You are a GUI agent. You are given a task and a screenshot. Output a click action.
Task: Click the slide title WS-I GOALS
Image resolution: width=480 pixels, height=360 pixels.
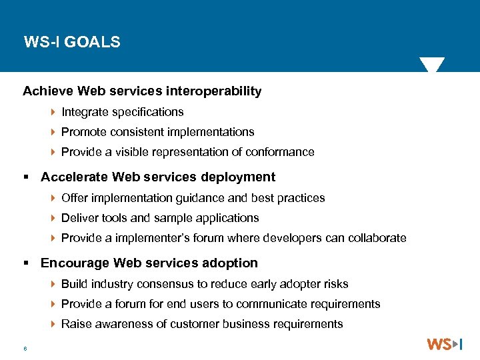point(72,43)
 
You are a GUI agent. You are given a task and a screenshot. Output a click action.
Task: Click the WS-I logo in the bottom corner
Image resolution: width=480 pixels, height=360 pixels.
point(445,344)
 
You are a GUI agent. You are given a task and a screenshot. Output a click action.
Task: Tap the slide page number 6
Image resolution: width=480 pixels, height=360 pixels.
point(25,348)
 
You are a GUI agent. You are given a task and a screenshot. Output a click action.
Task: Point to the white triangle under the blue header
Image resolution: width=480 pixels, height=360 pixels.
point(431,65)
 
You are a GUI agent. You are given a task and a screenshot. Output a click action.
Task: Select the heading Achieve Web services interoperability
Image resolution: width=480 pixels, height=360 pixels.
point(142,91)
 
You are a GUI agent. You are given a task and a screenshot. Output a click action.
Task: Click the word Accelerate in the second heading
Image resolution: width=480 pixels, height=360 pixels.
point(75,177)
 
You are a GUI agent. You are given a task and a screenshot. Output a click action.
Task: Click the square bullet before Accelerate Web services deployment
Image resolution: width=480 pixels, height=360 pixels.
point(27,177)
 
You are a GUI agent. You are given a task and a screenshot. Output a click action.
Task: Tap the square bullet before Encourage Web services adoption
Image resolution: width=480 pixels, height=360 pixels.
point(27,263)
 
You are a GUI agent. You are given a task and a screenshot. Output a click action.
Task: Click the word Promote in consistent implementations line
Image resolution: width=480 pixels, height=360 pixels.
point(83,132)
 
